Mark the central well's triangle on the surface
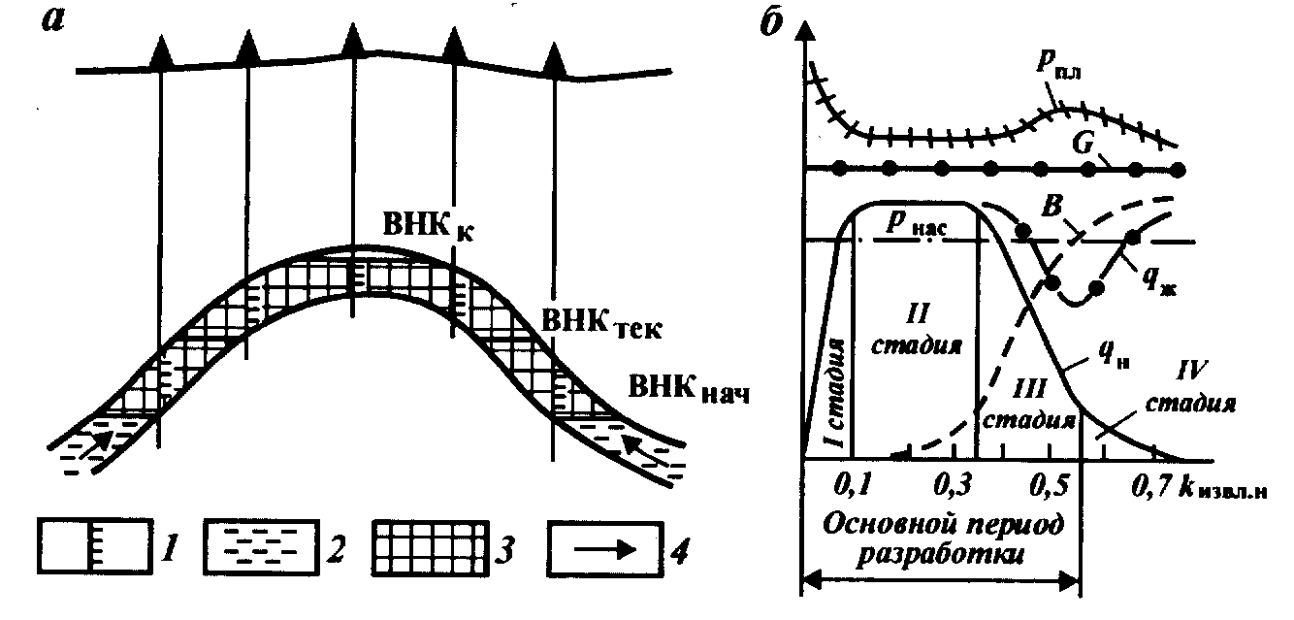pos(351,44)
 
